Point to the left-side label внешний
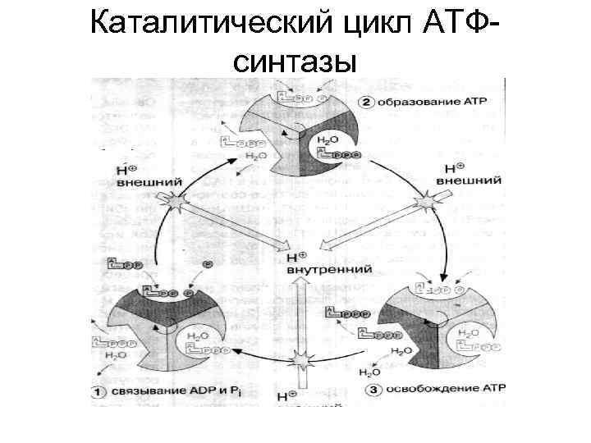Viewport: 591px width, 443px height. (x=138, y=184)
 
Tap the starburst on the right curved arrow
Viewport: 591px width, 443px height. (x=427, y=202)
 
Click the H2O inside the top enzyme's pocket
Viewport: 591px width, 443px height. (x=327, y=140)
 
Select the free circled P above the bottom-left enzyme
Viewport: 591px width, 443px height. (x=208, y=264)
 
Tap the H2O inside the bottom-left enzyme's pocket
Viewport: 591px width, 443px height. (x=198, y=334)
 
